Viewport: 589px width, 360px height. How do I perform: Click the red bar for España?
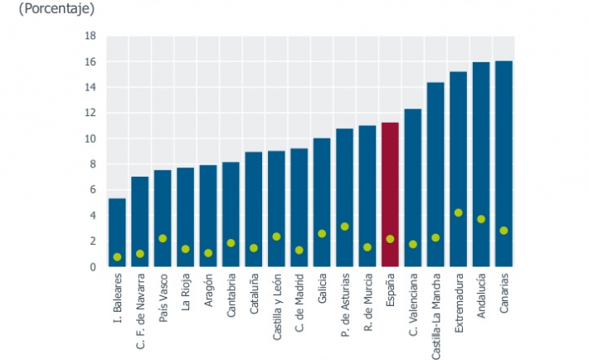(390, 195)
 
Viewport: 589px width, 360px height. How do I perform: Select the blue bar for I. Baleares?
(118, 232)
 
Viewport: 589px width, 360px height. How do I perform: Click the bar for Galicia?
(322, 202)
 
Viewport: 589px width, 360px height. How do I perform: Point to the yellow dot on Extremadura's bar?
(458, 212)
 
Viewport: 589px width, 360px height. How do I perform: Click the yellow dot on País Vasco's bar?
(163, 238)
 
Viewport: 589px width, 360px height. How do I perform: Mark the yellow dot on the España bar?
(390, 239)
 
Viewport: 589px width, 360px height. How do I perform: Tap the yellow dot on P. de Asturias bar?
(344, 226)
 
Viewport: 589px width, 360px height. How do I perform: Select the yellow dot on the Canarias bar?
(504, 231)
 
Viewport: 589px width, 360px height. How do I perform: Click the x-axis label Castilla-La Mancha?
(436, 314)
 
